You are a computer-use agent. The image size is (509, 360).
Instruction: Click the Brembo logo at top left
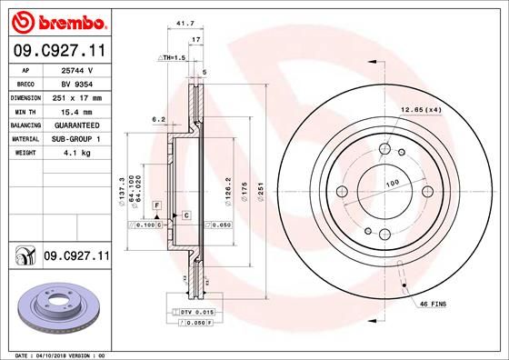[x=56, y=21]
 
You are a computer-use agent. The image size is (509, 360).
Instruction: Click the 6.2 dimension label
[x=157, y=118]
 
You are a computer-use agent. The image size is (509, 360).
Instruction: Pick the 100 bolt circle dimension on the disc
[x=393, y=184]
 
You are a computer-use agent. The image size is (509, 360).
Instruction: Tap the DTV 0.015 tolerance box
[x=195, y=312]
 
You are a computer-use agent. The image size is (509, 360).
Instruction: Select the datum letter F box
[x=156, y=208]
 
